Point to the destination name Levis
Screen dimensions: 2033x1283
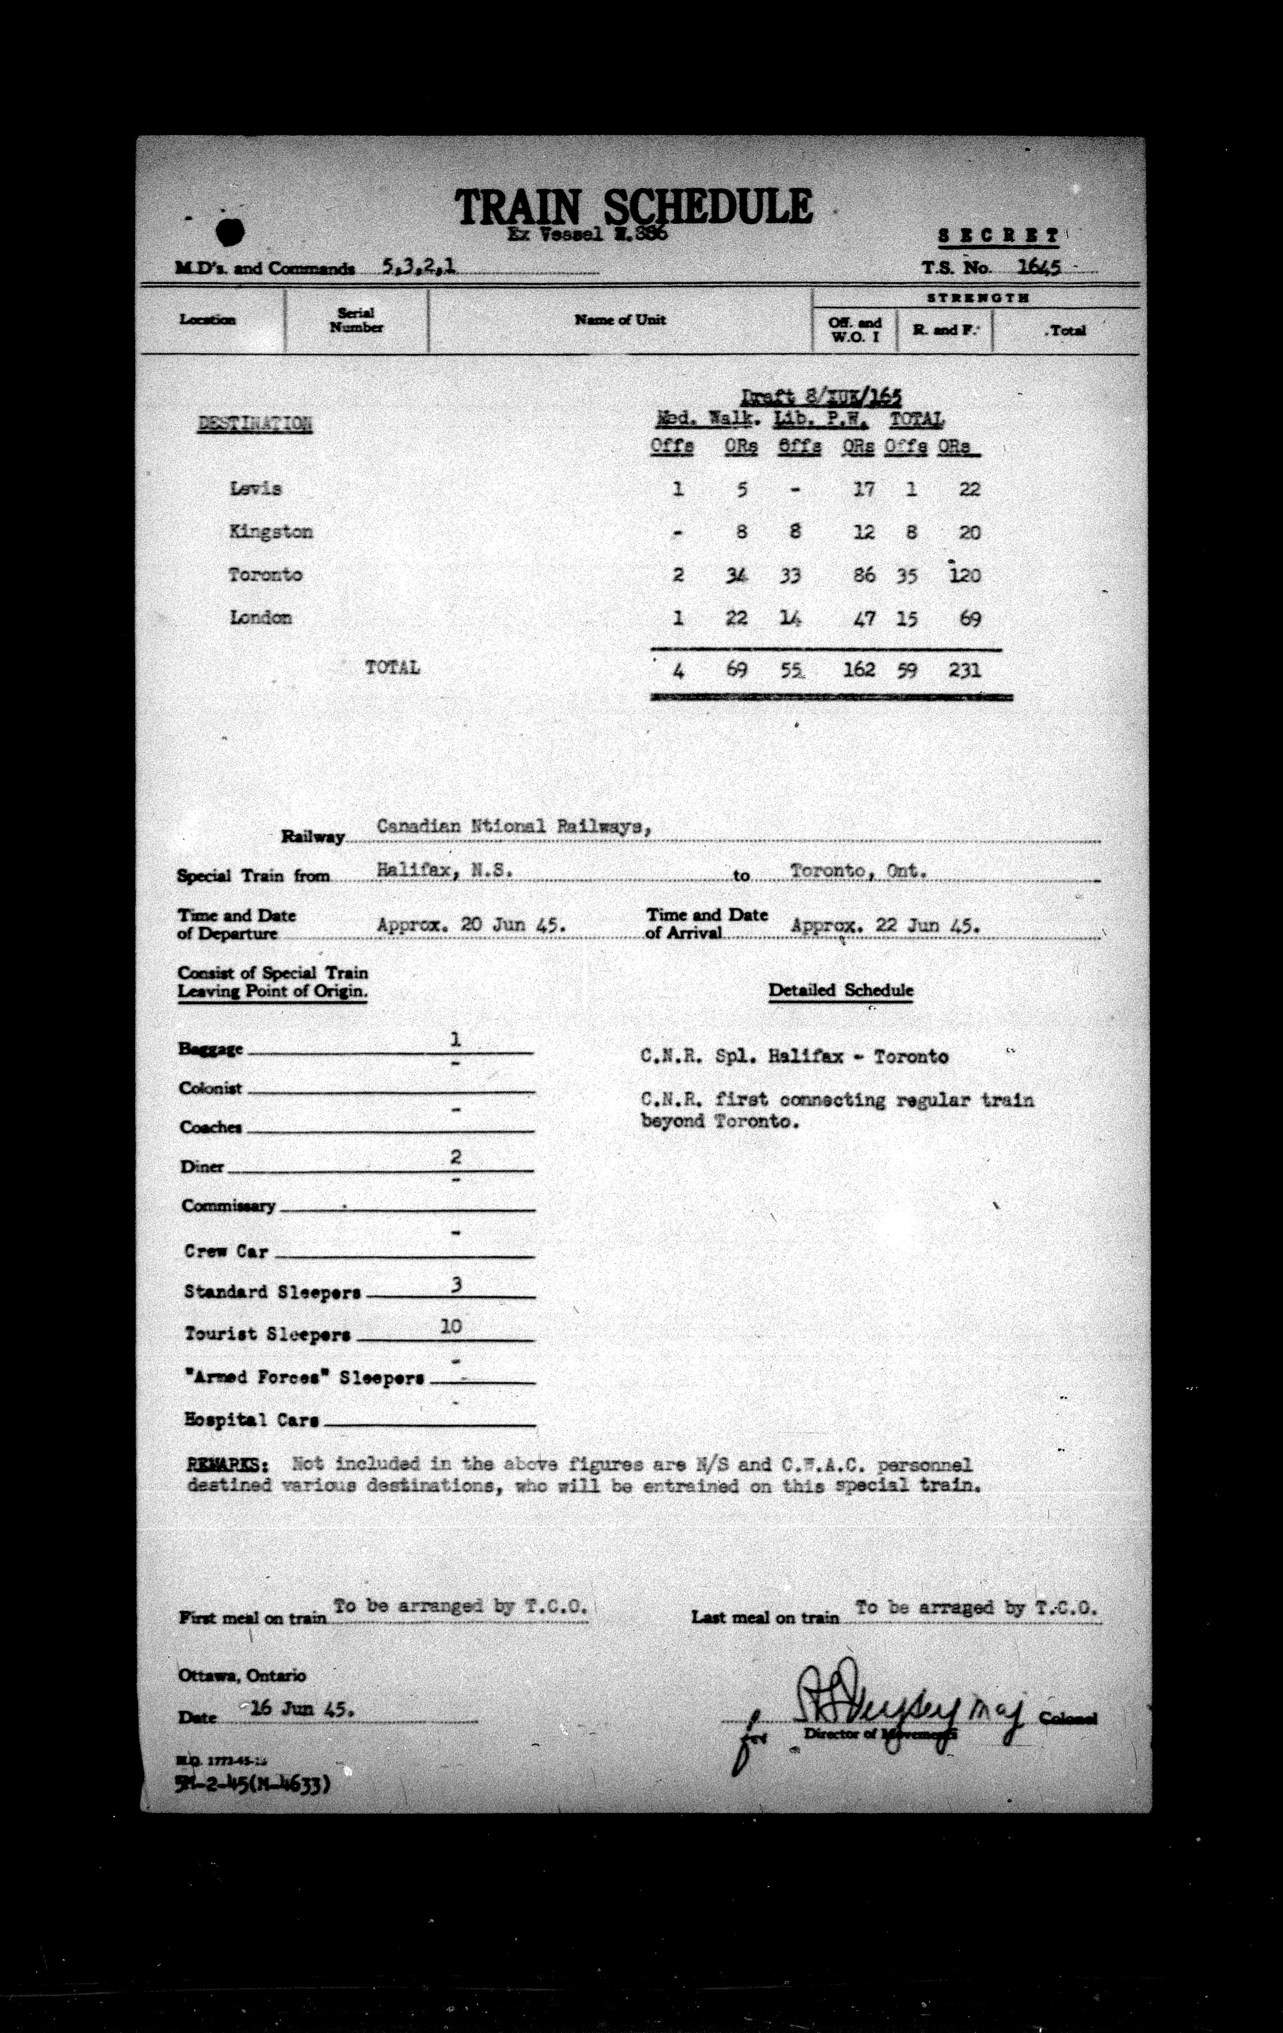click(x=255, y=489)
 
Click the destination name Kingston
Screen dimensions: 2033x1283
click(x=270, y=532)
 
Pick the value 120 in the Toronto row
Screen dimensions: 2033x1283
click(x=964, y=576)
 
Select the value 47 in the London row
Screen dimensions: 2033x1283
click(x=862, y=619)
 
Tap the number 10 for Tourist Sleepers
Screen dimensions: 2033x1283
click(x=451, y=1326)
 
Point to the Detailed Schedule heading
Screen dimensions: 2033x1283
click(x=841, y=990)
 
